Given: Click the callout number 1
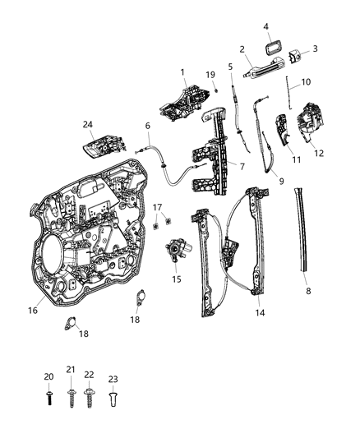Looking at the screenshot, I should (x=182, y=71).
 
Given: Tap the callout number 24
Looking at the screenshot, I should (x=87, y=125).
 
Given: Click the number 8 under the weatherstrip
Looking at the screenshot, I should (x=309, y=291).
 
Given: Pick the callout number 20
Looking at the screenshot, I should (x=48, y=376).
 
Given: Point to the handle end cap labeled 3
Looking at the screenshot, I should (x=298, y=55).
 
